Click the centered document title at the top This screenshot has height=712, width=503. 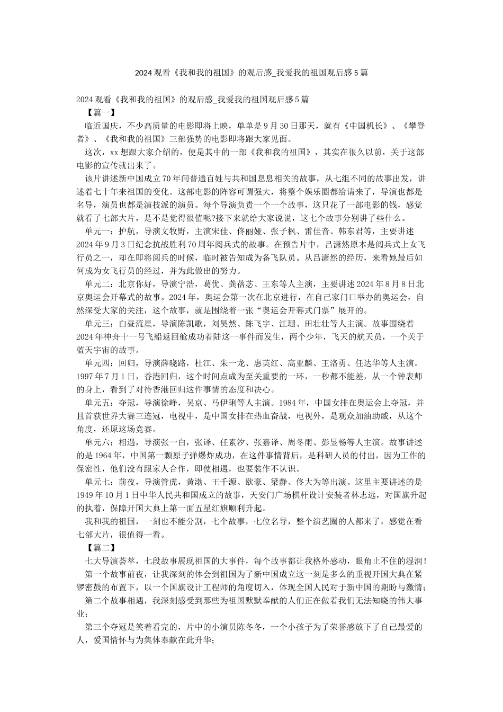[251, 74]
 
